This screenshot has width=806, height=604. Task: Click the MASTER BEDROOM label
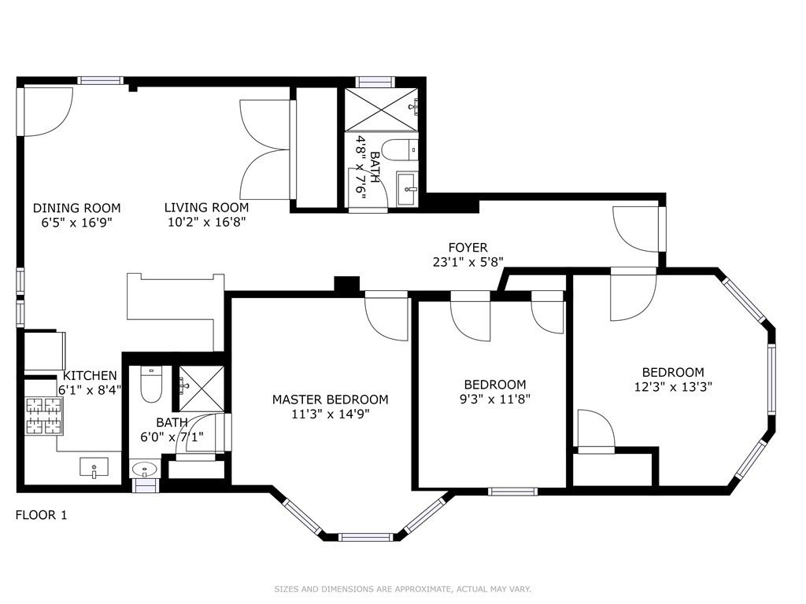[x=330, y=400]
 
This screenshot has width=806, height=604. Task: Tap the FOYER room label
[x=468, y=248]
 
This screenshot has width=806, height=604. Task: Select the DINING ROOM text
[x=76, y=208]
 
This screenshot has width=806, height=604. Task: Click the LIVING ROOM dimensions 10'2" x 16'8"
[x=206, y=222]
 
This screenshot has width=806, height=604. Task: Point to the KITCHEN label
[x=90, y=376]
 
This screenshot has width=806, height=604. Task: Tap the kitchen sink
[x=94, y=467]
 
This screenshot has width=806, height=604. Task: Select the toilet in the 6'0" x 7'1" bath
[x=150, y=383]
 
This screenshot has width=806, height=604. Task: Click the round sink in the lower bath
[x=144, y=470]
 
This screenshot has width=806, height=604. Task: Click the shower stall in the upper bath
[x=381, y=109]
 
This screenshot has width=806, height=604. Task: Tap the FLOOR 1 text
[x=42, y=516]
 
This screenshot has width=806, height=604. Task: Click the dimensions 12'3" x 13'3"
[x=673, y=386]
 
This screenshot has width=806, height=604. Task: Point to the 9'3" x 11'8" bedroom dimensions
[x=494, y=398]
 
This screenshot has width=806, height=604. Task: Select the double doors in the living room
[x=266, y=149]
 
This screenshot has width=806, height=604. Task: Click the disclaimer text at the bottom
[x=402, y=588]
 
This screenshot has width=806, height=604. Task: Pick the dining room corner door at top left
[x=46, y=110]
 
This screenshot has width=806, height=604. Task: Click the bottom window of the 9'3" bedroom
[x=512, y=492]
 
